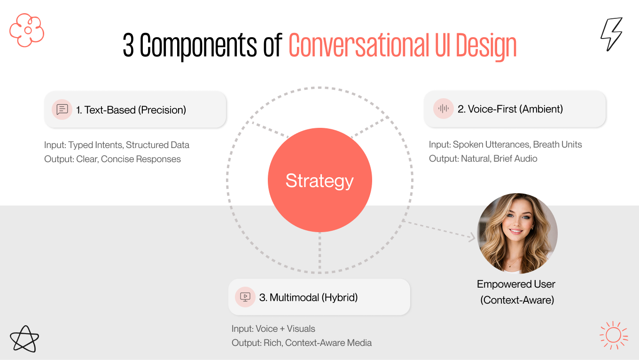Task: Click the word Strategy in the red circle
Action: pos(319,181)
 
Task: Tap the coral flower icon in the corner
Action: pos(27,30)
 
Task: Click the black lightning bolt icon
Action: pos(611,34)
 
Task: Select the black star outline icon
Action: pos(24,338)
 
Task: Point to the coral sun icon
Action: pos(613,335)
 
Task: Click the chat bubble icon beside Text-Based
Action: pos(62,110)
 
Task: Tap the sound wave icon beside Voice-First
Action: pos(443,109)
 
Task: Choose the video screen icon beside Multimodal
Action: pos(245,297)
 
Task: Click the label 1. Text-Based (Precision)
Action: pos(131,110)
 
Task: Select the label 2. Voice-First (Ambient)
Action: pos(510,109)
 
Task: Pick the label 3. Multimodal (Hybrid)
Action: pos(308,297)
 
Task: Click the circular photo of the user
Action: pos(517,234)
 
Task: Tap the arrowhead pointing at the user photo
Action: pos(472,237)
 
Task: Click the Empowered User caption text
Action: pos(516,284)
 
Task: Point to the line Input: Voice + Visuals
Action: pos(273,329)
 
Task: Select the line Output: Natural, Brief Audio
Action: pos(483,159)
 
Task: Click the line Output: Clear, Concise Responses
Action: pos(112,159)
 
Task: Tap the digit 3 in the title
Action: pos(128,46)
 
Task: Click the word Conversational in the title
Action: pos(358,46)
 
